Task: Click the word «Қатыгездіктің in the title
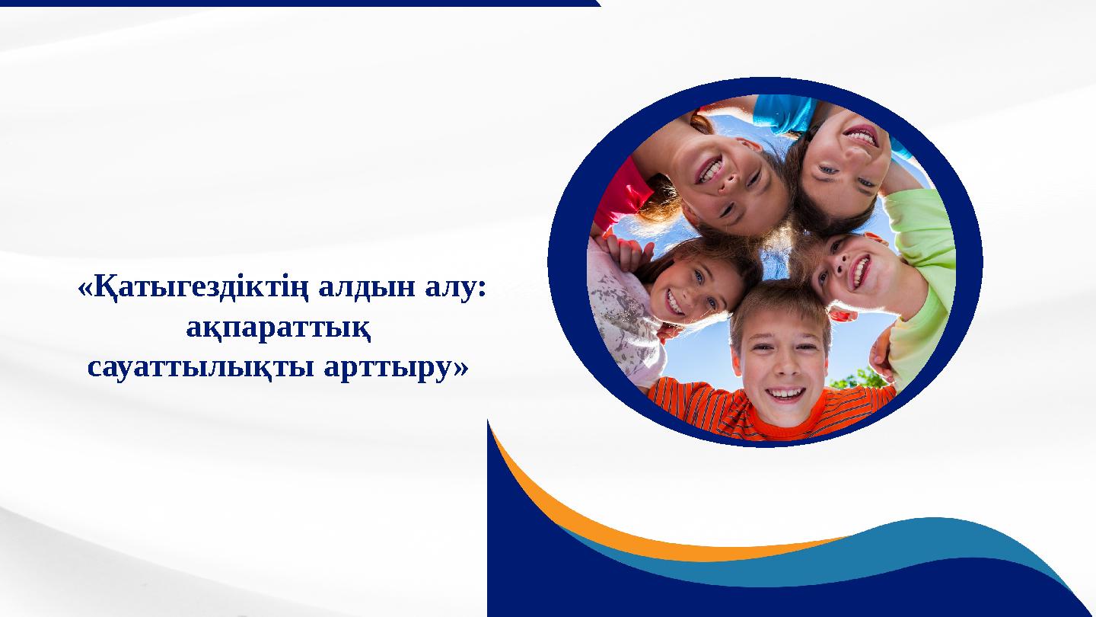pos(194,289)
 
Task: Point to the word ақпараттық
pos(279,329)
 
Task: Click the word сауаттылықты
pos(201,368)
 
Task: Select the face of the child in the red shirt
pos(729,181)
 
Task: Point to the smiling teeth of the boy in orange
pos(785,393)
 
